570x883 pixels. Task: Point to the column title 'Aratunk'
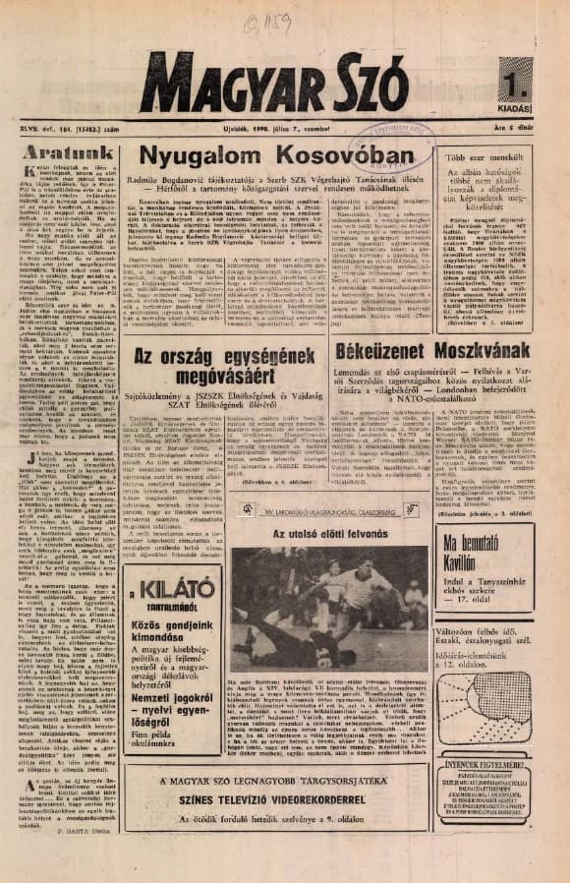click(x=63, y=154)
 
